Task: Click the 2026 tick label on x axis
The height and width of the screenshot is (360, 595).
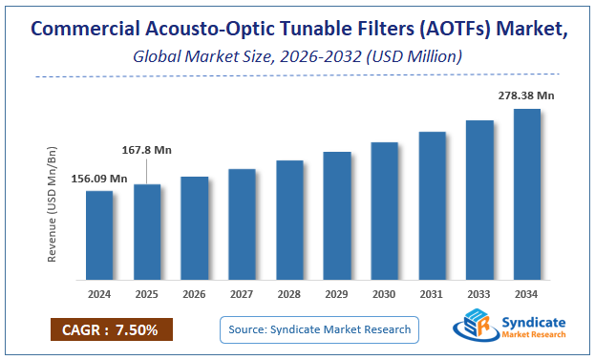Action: click(x=195, y=294)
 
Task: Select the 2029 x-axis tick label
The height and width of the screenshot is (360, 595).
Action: click(x=337, y=294)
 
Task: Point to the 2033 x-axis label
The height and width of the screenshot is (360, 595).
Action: click(x=479, y=294)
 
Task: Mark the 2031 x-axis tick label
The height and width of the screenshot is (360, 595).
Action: click(x=432, y=294)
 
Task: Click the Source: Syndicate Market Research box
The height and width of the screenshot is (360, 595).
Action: click(x=319, y=329)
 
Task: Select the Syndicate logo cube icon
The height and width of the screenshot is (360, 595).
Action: click(x=475, y=328)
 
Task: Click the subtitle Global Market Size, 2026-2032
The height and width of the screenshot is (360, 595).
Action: click(x=296, y=57)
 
